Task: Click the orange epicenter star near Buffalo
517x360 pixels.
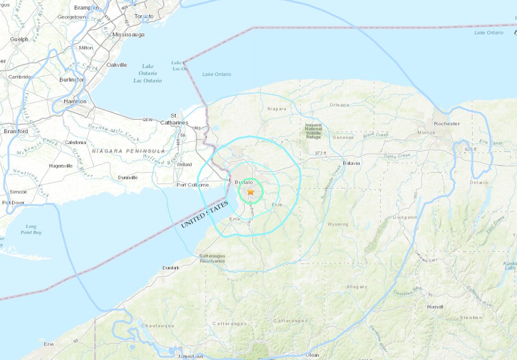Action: pyautogui.click(x=250, y=192)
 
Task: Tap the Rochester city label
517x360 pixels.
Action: pyautogui.click(x=446, y=123)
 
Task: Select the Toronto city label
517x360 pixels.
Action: pyautogui.click(x=144, y=17)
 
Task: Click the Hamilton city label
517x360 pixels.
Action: pyautogui.click(x=76, y=101)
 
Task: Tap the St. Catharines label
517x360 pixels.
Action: pyautogui.click(x=174, y=119)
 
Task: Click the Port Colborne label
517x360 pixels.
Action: pyautogui.click(x=193, y=185)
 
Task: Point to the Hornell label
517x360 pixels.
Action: pyautogui.click(x=435, y=307)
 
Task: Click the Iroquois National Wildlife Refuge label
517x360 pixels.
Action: pyautogui.click(x=314, y=130)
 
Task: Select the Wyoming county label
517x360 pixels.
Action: pyautogui.click(x=338, y=224)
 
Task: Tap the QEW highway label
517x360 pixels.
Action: pyautogui.click(x=147, y=120)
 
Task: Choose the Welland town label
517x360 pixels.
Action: pyautogui.click(x=184, y=164)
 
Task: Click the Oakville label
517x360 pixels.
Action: pyautogui.click(x=116, y=65)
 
